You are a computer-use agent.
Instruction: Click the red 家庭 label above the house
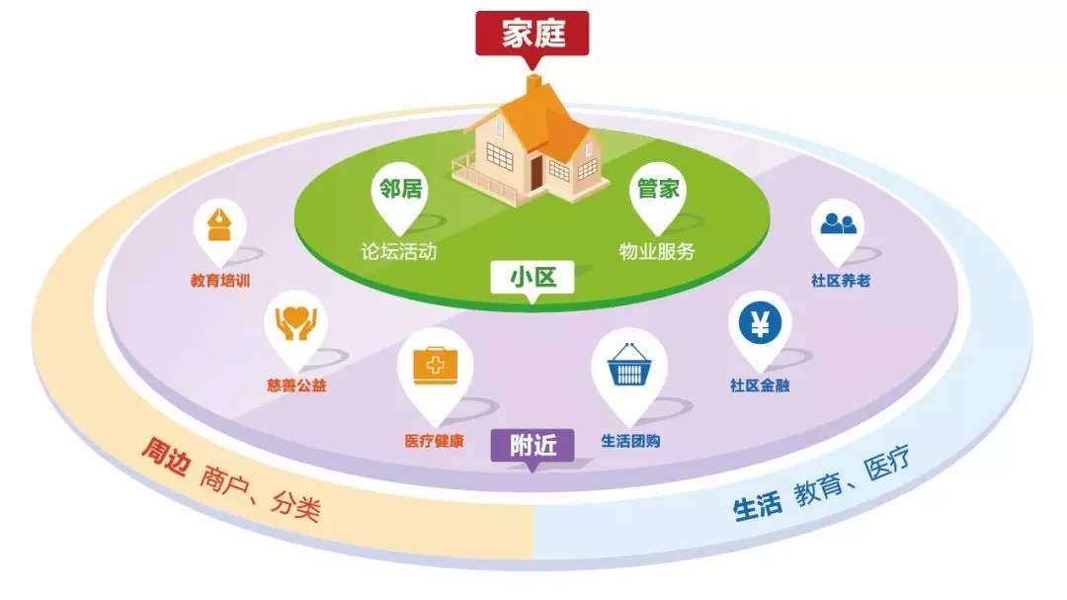click(x=533, y=34)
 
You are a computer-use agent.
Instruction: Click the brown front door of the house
click(x=536, y=172)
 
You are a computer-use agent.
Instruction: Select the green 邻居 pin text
click(x=401, y=188)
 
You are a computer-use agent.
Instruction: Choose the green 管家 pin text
click(x=658, y=188)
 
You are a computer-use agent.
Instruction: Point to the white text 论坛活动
click(x=399, y=251)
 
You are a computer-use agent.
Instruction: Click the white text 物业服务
click(x=657, y=251)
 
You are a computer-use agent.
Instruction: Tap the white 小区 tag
click(x=533, y=277)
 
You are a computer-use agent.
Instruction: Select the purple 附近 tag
click(x=533, y=446)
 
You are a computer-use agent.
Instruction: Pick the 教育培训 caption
click(x=220, y=280)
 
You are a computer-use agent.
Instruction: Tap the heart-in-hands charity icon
click(x=296, y=323)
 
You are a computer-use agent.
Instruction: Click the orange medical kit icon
click(x=435, y=365)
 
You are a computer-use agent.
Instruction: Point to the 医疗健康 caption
click(x=434, y=441)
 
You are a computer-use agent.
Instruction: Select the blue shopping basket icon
click(x=628, y=366)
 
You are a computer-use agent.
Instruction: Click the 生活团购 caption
click(x=630, y=441)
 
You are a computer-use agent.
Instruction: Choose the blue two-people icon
click(x=838, y=223)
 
